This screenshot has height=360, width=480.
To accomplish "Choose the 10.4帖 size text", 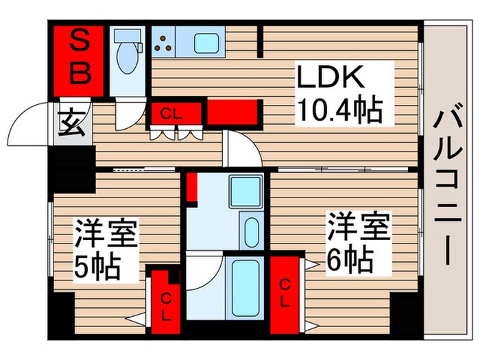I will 338,109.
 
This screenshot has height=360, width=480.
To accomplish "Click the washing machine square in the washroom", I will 246,191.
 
